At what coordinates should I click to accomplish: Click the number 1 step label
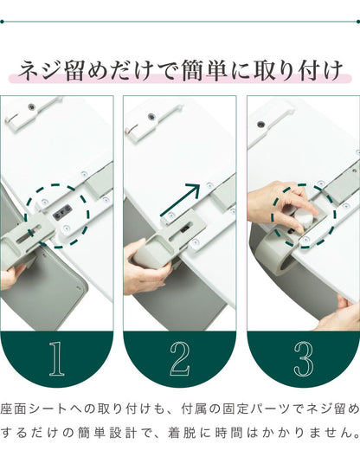[56, 359]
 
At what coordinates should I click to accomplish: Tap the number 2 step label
[179, 359]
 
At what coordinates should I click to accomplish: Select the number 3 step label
[303, 359]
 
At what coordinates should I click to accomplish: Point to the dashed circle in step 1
[57, 216]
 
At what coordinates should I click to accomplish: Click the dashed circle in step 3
[303, 215]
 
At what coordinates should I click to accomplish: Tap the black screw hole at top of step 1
[31, 107]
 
